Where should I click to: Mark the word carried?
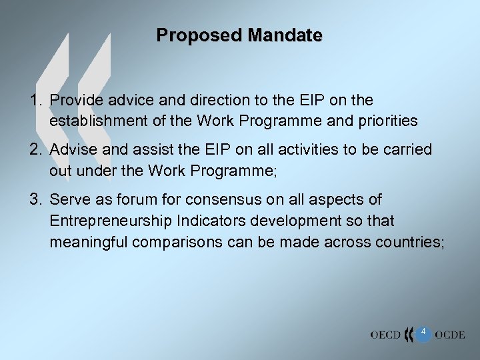(x=407, y=150)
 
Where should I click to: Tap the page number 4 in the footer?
(x=423, y=331)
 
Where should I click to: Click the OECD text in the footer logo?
(x=385, y=334)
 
